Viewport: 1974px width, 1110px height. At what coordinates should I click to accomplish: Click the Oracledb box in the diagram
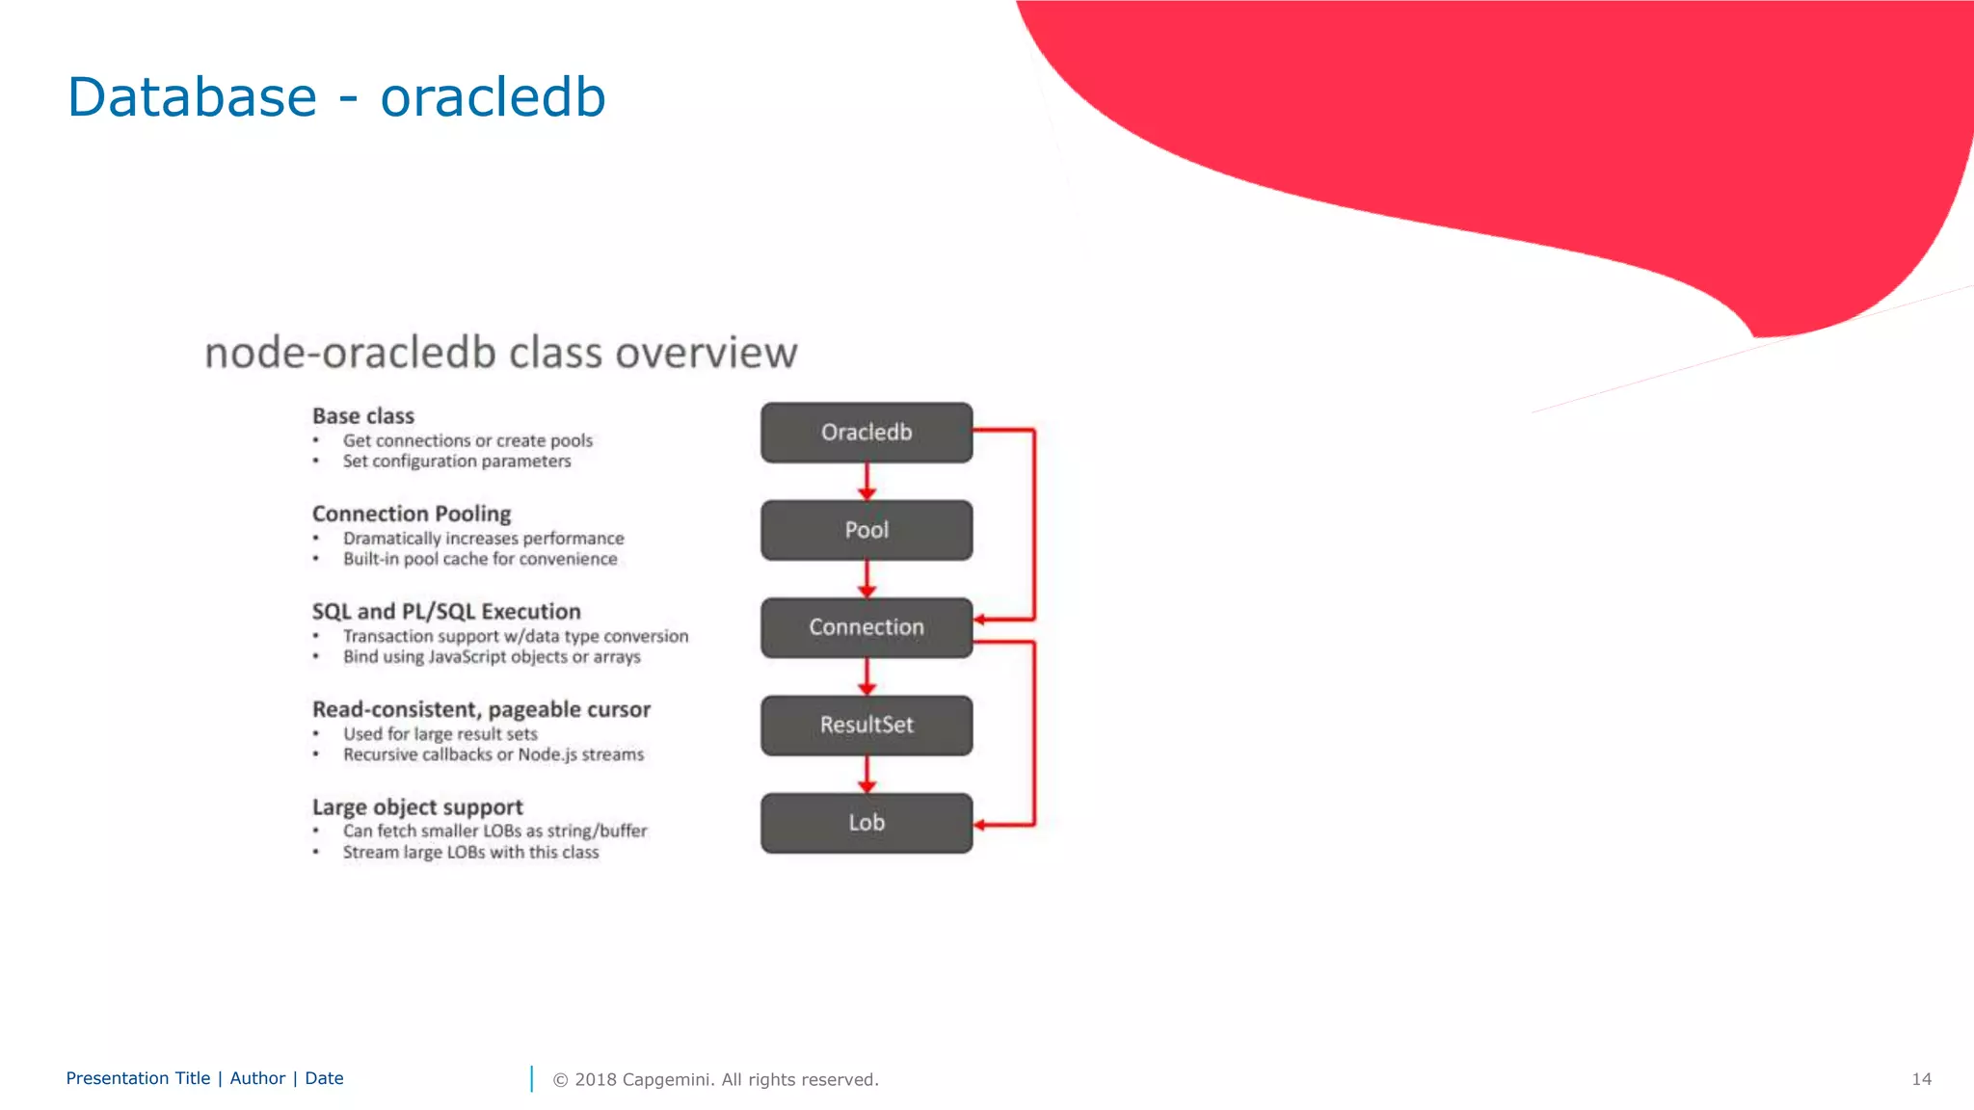866,433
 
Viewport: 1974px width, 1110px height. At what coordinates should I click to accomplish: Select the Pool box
866,530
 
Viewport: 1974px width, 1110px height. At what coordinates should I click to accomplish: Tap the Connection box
866,627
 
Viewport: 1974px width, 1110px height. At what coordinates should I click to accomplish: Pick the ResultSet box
866,725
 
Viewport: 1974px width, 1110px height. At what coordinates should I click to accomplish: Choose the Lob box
866,823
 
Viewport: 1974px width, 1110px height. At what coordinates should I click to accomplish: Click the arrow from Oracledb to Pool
867,481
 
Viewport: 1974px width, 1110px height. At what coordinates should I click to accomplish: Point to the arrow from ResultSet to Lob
867,774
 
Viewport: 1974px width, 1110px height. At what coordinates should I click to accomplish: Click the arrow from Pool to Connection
867,578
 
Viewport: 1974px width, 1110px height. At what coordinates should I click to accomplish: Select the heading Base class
363,416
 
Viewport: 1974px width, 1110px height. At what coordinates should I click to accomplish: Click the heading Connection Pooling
412,514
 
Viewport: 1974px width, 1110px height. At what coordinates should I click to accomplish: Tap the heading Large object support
417,807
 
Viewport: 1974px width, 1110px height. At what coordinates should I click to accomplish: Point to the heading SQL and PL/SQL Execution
446,612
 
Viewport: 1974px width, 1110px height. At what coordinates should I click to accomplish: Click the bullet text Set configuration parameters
457,462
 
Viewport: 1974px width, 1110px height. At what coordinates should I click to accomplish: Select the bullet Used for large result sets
440,734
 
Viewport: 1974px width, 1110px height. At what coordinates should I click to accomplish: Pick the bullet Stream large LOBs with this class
470,853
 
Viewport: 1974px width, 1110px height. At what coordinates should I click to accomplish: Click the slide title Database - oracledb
336,97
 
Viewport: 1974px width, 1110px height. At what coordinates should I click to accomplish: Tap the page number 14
1921,1079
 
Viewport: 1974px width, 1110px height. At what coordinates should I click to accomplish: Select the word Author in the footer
257,1078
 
